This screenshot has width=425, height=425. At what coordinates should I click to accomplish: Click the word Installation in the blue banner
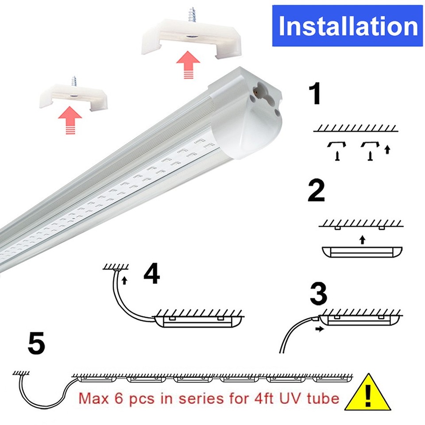click(x=348, y=26)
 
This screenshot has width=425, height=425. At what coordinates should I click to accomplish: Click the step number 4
click(x=151, y=274)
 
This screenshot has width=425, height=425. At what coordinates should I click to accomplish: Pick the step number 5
click(x=36, y=344)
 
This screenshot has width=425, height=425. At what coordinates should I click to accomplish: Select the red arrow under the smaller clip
click(x=70, y=119)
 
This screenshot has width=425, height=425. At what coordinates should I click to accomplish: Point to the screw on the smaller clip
click(x=74, y=81)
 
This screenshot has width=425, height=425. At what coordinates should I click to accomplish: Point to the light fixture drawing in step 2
click(x=362, y=252)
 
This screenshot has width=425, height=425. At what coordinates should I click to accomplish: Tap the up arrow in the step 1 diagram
click(x=388, y=149)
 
